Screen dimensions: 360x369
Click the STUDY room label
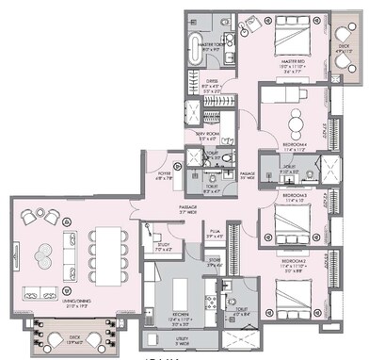tap(163, 247)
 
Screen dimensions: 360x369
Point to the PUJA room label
tap(215, 229)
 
